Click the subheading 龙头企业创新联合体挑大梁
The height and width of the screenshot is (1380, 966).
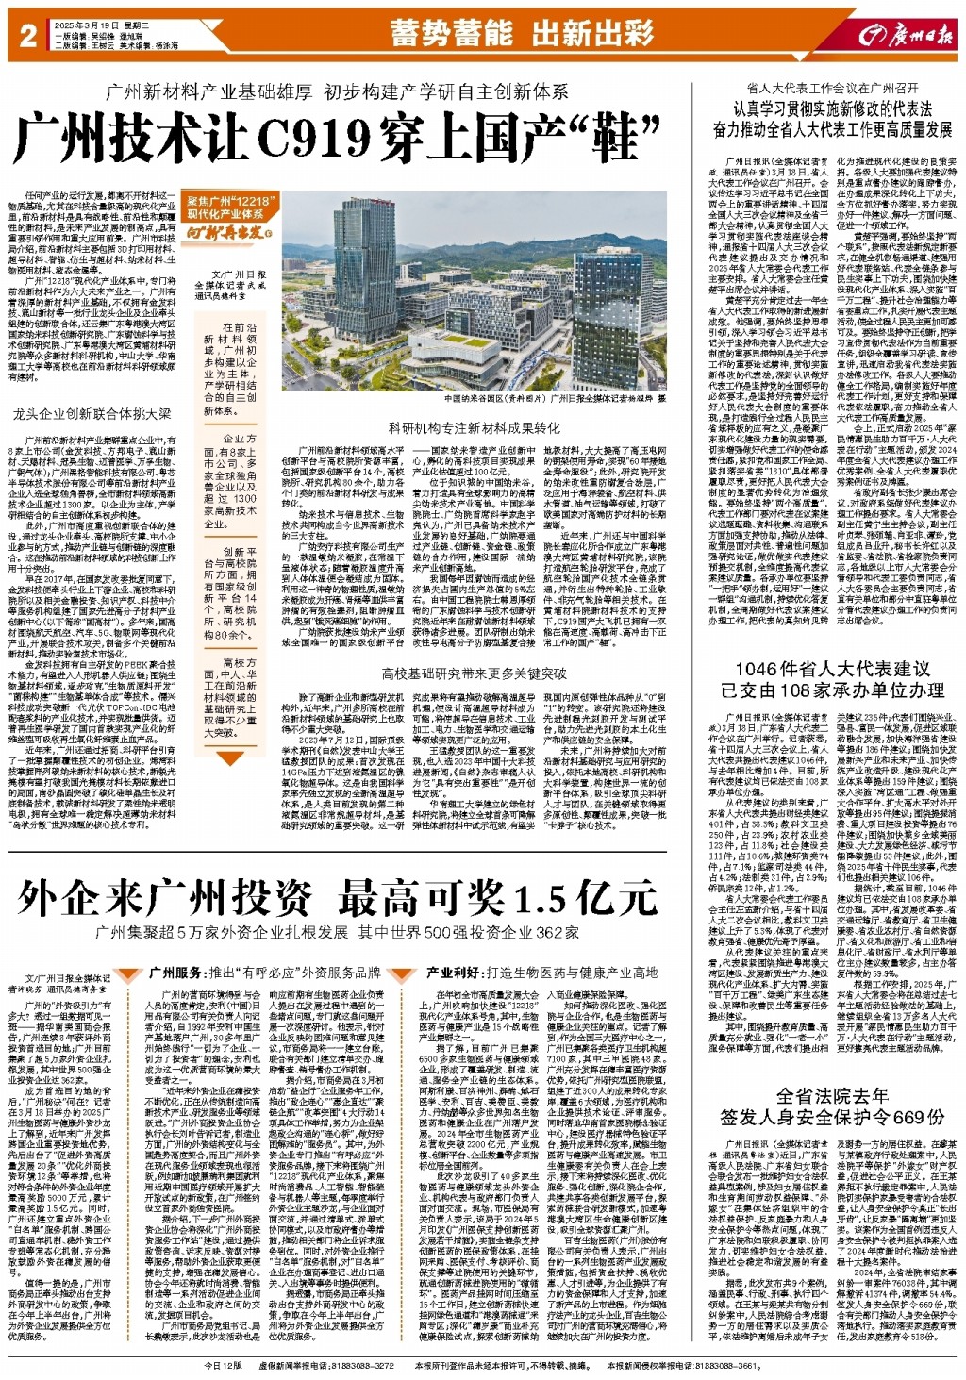92,413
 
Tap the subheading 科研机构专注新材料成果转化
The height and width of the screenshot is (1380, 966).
474,427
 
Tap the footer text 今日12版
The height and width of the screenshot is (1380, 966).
223,1365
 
